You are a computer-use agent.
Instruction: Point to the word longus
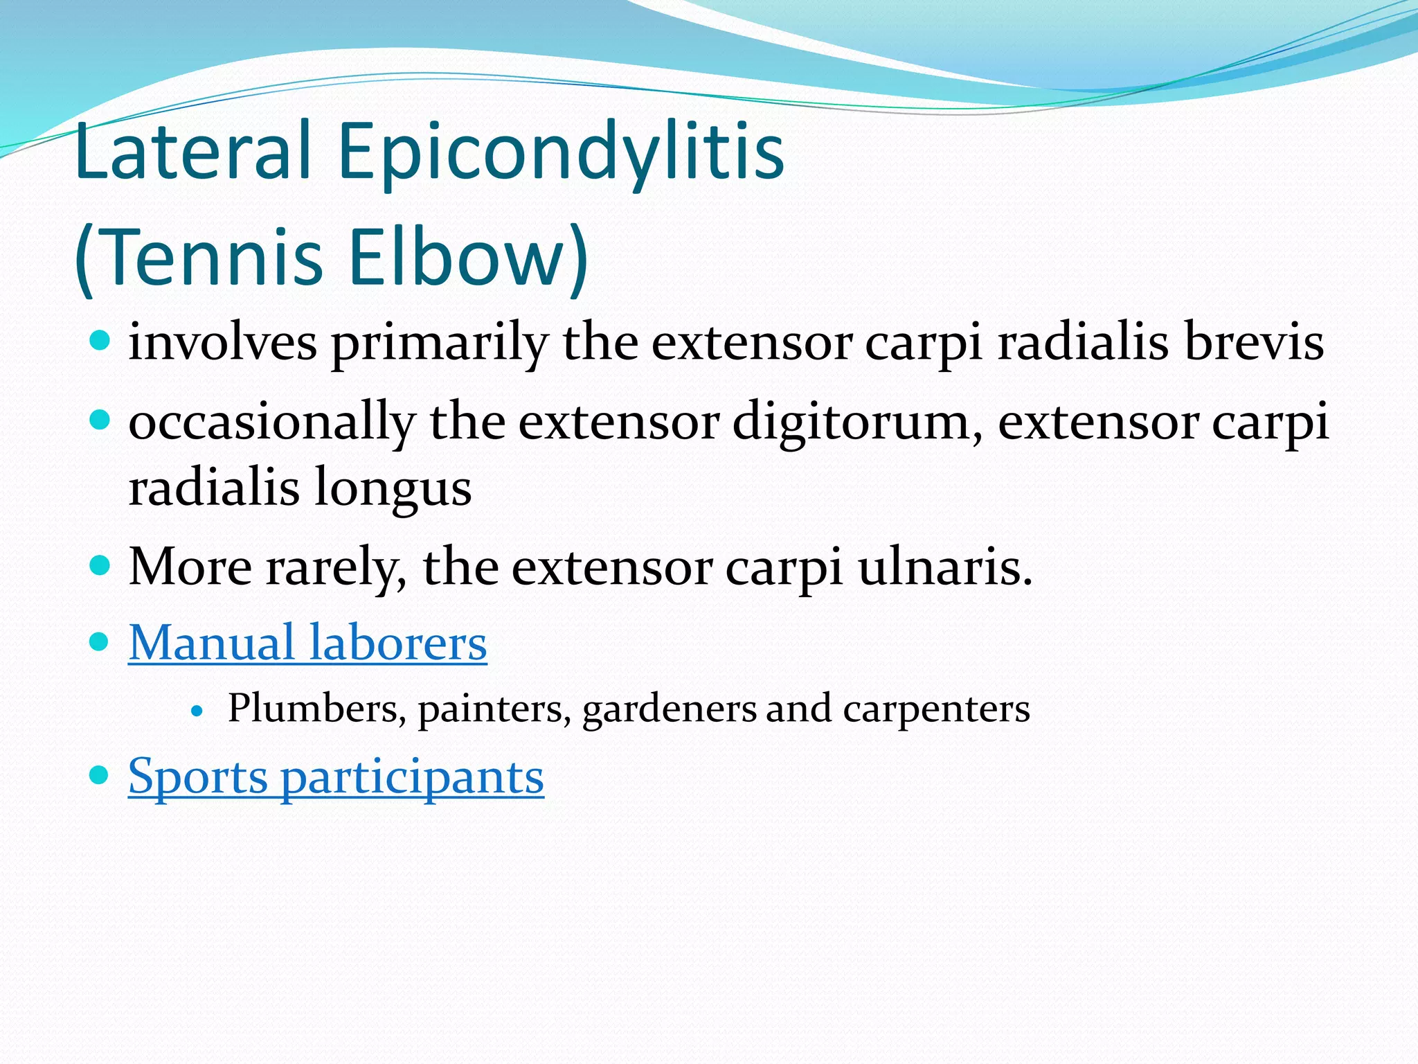pyautogui.click(x=393, y=489)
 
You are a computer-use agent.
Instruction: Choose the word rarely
pyautogui.click(x=336, y=568)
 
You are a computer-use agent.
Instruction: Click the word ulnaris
pyautogui.click(x=944, y=568)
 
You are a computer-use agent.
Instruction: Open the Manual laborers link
pyautogui.click(x=307, y=643)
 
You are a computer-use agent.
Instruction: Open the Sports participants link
pyautogui.click(x=336, y=777)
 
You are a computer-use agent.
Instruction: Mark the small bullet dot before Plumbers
pyautogui.click(x=198, y=711)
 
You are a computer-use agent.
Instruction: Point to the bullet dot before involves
pyautogui.click(x=100, y=341)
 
